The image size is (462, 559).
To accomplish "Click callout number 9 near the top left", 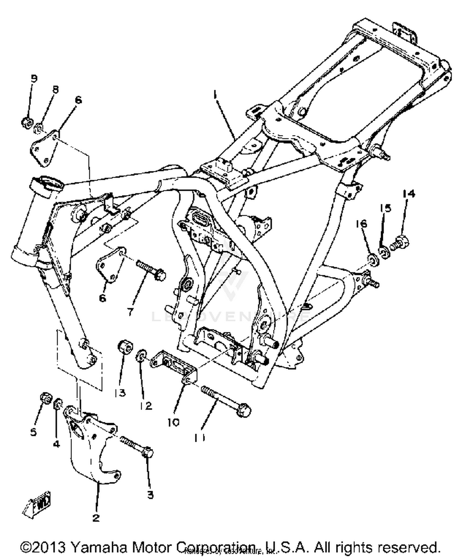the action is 34,79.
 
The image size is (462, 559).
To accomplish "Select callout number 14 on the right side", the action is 409,194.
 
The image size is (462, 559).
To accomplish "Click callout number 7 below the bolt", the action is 131,312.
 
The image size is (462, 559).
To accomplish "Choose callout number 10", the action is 173,422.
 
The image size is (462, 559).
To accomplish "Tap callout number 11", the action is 200,437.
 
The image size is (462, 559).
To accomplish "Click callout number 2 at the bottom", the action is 96,517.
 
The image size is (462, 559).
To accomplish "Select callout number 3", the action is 150,495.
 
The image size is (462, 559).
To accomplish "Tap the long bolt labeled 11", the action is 226,401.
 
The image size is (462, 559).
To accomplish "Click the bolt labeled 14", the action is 399,242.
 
